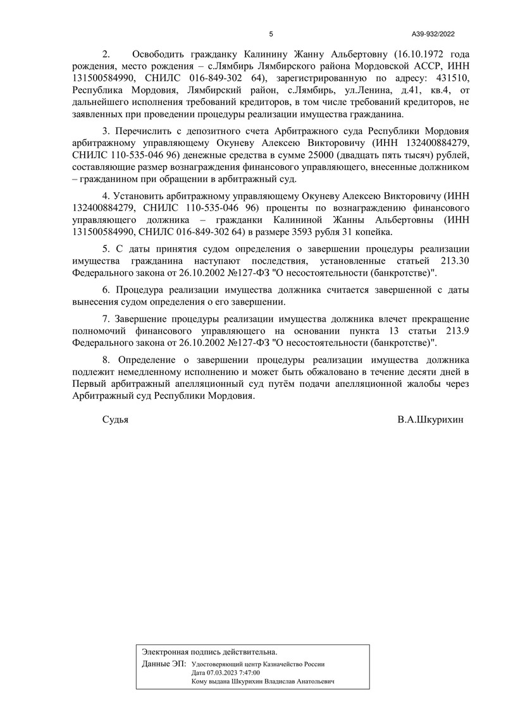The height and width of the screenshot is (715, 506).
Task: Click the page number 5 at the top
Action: click(271, 34)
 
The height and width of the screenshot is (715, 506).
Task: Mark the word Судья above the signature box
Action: click(115, 419)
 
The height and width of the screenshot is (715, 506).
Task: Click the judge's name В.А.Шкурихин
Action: click(431, 419)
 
